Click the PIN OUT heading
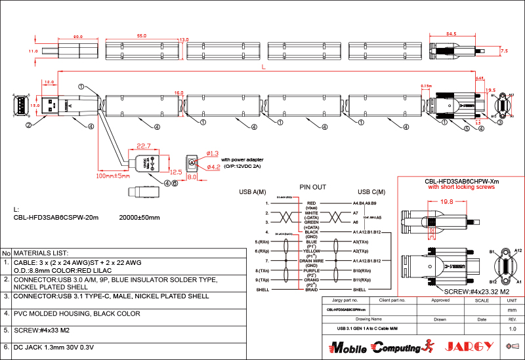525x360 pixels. (312, 187)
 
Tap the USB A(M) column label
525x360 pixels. (253, 192)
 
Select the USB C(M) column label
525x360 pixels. (370, 192)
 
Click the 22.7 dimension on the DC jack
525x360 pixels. (144, 146)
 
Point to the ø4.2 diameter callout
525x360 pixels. (213, 167)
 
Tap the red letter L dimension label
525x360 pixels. (263, 67)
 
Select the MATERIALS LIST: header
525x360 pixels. (41, 252)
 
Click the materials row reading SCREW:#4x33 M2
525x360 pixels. (39, 330)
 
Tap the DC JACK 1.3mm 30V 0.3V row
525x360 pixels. (54, 346)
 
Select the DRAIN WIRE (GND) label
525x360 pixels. (312, 262)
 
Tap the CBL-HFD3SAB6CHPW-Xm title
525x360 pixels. (462, 181)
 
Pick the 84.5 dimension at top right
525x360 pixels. (451, 33)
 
